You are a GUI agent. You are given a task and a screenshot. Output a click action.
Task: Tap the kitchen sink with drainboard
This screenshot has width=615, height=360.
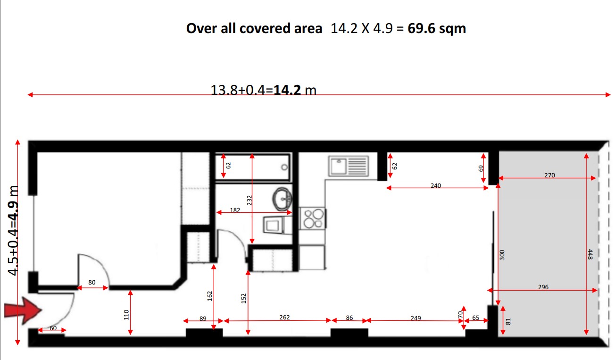tap(349, 166)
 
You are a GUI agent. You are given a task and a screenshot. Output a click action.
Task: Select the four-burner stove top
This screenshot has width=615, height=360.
tap(313, 218)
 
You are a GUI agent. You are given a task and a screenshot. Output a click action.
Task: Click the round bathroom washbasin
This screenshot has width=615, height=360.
tap(282, 199)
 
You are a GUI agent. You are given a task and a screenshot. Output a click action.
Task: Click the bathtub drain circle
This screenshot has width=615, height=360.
tap(284, 167)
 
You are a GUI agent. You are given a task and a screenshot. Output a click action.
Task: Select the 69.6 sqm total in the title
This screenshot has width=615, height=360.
tap(437, 29)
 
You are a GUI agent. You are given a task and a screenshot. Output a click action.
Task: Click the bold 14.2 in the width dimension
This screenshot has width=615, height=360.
tap(287, 90)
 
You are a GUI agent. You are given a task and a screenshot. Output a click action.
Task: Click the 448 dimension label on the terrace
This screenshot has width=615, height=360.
tap(590, 254)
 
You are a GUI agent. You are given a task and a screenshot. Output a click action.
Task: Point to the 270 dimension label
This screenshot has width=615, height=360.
tap(549, 175)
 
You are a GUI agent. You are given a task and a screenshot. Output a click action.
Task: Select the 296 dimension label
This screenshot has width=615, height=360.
tap(543, 287)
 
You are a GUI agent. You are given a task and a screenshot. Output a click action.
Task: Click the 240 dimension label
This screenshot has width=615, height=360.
tap(436, 185)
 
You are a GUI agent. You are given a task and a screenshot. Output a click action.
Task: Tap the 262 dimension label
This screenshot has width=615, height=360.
tap(284, 317)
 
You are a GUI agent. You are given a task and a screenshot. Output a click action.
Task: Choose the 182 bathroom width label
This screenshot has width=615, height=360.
tap(235, 210)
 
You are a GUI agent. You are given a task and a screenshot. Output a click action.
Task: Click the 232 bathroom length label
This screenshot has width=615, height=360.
tap(249, 200)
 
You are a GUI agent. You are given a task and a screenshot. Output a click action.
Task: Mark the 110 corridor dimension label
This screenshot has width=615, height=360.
tap(126, 315)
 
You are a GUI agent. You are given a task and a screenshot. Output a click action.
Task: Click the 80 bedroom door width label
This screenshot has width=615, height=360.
tap(91, 282)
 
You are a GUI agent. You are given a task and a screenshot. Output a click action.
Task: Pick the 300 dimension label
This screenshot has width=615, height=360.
tap(502, 255)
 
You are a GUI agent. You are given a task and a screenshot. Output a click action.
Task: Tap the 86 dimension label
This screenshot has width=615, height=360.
tap(349, 318)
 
